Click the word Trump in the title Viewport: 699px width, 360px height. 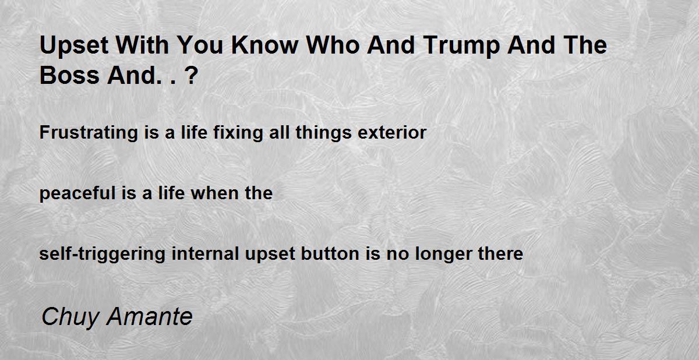pyautogui.click(x=461, y=46)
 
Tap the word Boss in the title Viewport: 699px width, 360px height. pyautogui.click(x=69, y=76)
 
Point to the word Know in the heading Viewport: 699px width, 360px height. pyautogui.click(x=264, y=45)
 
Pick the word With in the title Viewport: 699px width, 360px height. pyautogui.click(x=142, y=45)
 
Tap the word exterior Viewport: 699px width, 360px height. pyautogui.click(x=392, y=132)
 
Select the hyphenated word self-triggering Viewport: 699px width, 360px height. pyautogui.click(x=102, y=254)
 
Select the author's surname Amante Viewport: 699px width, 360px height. pyautogui.click(x=150, y=316)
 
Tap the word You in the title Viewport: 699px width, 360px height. pyautogui.click(x=200, y=45)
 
